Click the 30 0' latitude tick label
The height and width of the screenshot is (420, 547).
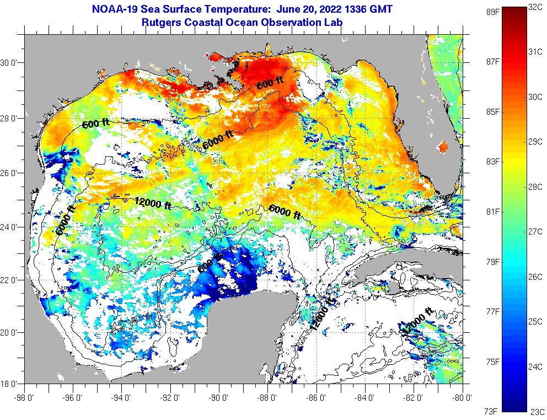tap(12, 63)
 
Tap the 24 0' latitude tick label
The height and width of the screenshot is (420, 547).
tap(12, 227)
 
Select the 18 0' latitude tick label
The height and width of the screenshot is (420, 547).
tap(12, 383)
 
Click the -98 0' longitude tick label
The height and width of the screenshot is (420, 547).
tap(24, 396)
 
